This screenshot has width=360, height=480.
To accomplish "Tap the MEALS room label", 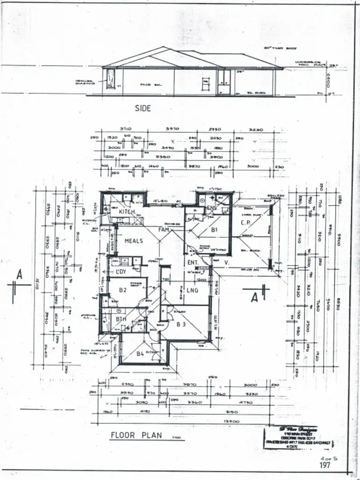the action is click(134, 241).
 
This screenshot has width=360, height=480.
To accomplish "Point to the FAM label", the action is click(163, 230).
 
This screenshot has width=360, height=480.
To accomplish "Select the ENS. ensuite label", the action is click(212, 208).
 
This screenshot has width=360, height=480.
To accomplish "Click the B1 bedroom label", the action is click(214, 229).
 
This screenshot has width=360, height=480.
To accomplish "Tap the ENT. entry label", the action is click(193, 262).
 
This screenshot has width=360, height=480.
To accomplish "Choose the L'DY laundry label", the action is click(120, 272).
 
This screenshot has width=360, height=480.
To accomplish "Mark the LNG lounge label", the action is click(193, 290).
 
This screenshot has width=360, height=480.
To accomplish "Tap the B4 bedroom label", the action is click(141, 353).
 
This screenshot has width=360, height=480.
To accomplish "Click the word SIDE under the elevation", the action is click(143, 108).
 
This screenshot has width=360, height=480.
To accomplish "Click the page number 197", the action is click(325, 465).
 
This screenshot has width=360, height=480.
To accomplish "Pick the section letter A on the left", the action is click(19, 274).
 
